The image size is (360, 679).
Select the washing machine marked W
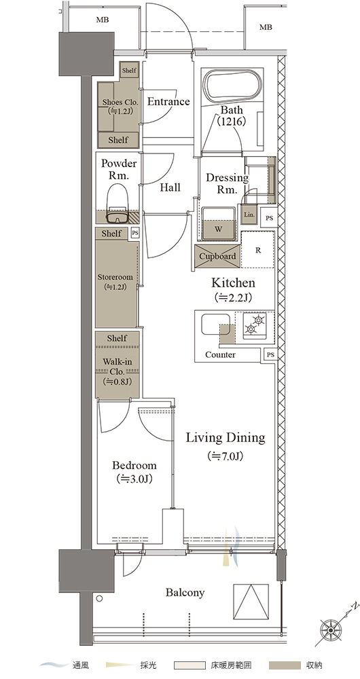pyautogui.click(x=219, y=223)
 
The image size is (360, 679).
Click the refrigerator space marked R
pyautogui.click(x=257, y=250)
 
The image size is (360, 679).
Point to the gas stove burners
pyautogui.click(x=255, y=325)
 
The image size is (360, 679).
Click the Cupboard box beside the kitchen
pyautogui.click(x=217, y=256)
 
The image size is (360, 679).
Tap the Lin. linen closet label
pyautogui.click(x=249, y=215)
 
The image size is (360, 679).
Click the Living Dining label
pyautogui.click(x=226, y=438)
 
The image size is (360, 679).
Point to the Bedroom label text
pyautogui.click(x=134, y=466)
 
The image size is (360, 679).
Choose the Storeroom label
pyautogui.click(x=115, y=277)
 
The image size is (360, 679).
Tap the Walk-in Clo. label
pyautogui.click(x=117, y=367)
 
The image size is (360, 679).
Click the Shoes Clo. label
pyautogui.click(x=120, y=103)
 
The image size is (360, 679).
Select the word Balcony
pyautogui.click(x=185, y=592)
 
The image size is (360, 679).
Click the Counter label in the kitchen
pyautogui.click(x=221, y=354)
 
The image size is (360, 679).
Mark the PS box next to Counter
pyautogui.click(x=270, y=354)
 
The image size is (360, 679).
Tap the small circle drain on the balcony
pyautogui.click(x=100, y=598)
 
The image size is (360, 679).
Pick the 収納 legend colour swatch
pyautogui.click(x=285, y=665)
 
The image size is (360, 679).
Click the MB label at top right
pyautogui.click(x=266, y=27)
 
